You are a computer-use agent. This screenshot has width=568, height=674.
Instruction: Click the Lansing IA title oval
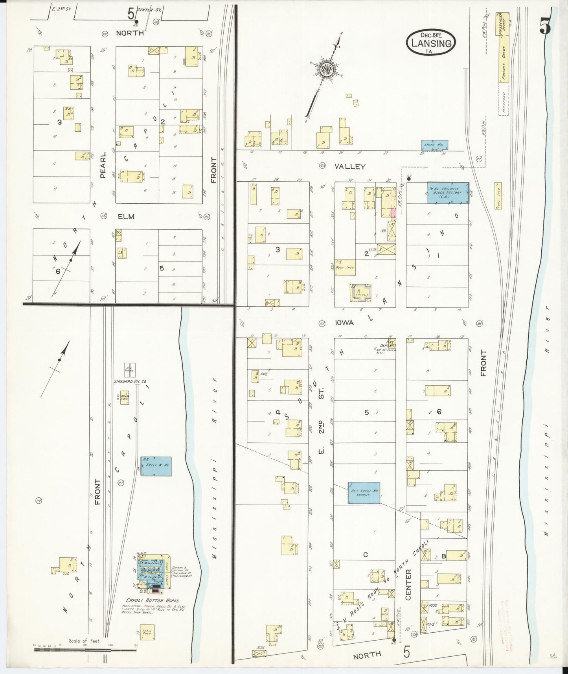pos(431,41)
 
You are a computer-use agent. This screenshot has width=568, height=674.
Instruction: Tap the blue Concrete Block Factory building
pos(448,193)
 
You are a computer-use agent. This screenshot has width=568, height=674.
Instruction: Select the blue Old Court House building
pos(364,492)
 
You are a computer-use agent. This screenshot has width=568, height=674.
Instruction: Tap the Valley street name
pos(350,167)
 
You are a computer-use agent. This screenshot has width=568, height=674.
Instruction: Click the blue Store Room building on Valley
pos(434,145)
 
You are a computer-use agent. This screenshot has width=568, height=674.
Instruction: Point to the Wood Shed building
pos(345,267)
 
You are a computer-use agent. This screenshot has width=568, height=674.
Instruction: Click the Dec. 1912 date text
pos(431,35)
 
